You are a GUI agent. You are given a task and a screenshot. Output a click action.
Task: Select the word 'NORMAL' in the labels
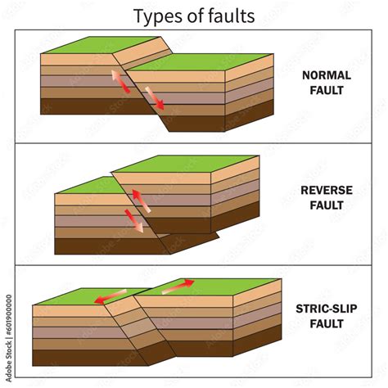click(327, 75)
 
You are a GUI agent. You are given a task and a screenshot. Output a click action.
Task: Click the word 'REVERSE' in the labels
click(326, 192)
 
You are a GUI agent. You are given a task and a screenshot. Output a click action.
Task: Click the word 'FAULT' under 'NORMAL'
click(327, 91)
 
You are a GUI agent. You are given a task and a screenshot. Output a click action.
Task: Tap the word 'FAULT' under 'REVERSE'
click(326, 207)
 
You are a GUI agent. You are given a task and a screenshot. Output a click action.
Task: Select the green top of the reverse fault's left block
click(86, 185)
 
